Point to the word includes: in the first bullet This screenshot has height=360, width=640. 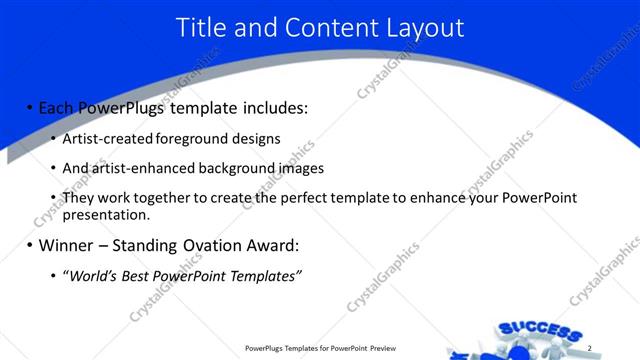tap(272, 107)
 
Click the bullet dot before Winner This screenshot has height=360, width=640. tap(29, 245)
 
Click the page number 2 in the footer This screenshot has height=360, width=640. tap(590, 348)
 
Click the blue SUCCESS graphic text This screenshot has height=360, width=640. tap(539, 331)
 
